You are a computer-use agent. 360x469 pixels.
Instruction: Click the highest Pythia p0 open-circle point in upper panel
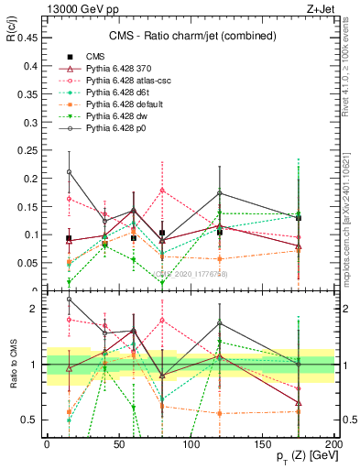click(69, 171)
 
